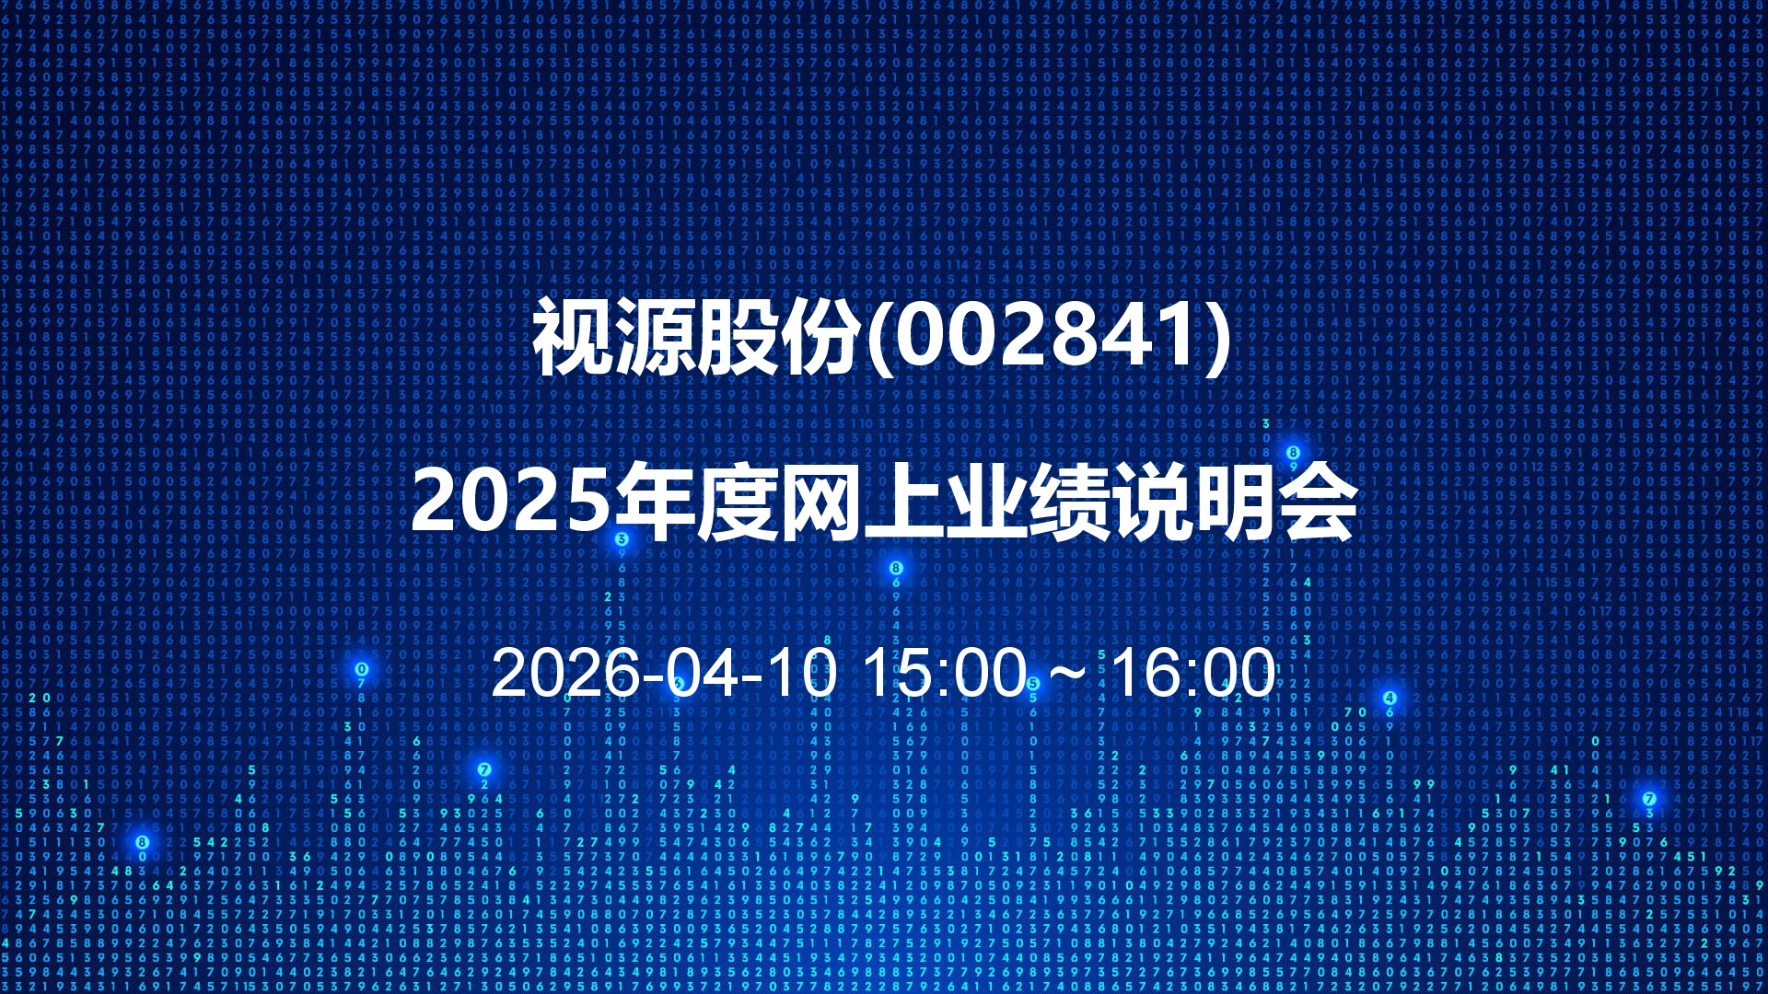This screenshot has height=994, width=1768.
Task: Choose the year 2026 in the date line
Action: click(x=565, y=673)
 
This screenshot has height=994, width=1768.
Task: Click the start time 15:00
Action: click(x=945, y=673)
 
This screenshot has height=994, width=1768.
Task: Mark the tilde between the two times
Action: click(x=1068, y=676)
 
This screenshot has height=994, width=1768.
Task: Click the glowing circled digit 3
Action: click(x=622, y=539)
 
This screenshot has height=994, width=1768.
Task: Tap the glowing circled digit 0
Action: click(x=362, y=669)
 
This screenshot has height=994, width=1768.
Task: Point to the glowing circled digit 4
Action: click(x=1390, y=698)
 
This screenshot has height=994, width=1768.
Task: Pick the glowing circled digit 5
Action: click(x=1033, y=684)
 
